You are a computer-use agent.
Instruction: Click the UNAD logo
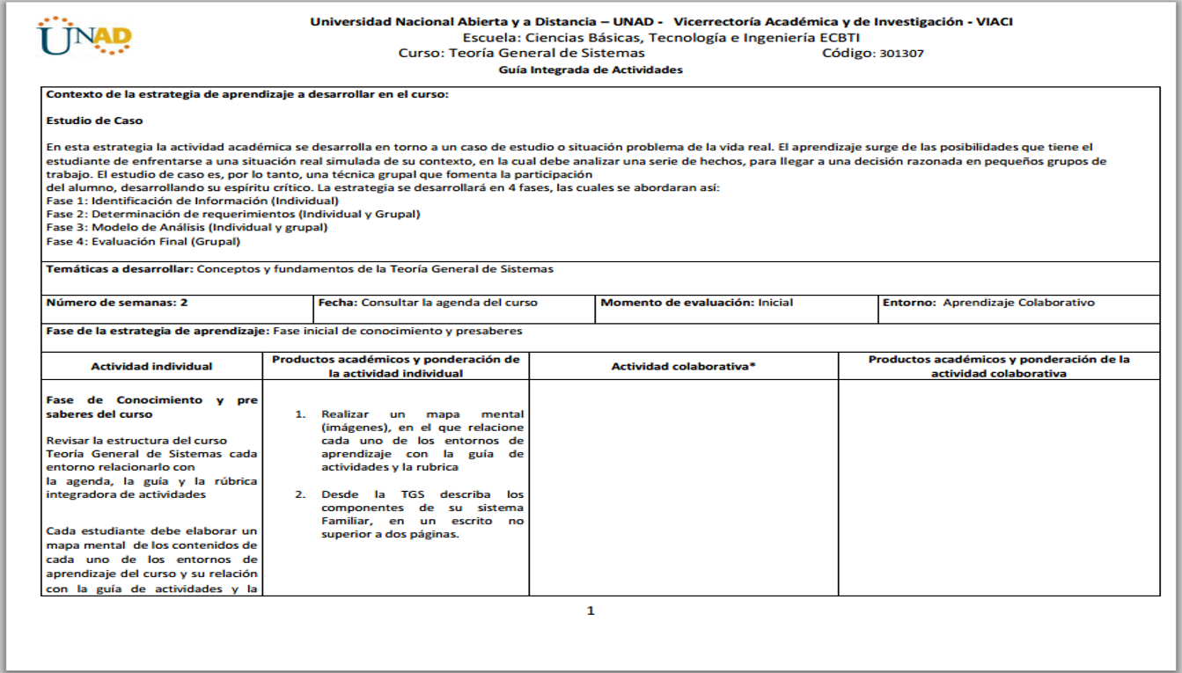(84, 37)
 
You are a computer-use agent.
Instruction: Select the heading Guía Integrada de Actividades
(591, 70)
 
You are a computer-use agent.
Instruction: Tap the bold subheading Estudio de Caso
(94, 121)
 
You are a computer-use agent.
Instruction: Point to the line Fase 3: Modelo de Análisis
(187, 227)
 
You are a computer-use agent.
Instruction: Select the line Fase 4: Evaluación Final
(143, 241)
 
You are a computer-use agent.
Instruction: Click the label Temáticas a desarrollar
(119, 269)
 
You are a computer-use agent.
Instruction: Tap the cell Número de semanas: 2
(116, 303)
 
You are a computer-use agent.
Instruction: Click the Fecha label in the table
(336, 303)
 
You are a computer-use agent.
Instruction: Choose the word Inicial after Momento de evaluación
(775, 303)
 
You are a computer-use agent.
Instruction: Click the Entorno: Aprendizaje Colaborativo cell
(989, 303)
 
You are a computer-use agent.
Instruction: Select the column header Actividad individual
(151, 367)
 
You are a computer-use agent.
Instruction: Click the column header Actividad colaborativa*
(684, 367)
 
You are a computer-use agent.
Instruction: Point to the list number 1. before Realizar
(300, 414)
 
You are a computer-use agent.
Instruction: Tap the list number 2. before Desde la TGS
(300, 494)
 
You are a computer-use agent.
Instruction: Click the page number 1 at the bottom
(591, 611)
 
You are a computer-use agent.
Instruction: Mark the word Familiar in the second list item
(345, 521)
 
